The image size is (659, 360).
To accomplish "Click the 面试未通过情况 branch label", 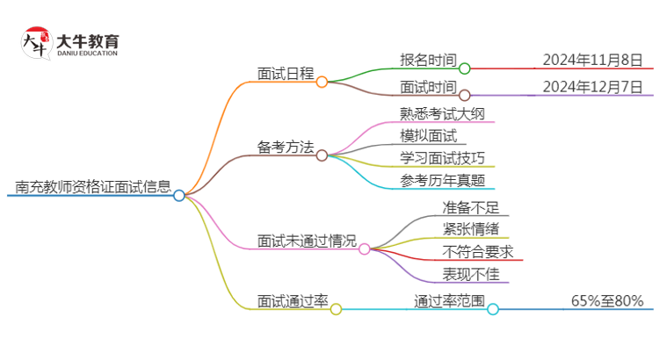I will click(307, 240).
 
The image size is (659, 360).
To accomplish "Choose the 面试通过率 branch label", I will click(293, 301).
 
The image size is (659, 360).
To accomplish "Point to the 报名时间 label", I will click(428, 60).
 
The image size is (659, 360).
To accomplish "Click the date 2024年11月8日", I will click(592, 60).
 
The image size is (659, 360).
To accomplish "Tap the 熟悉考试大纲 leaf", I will click(441, 113).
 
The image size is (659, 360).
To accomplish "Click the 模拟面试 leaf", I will click(428, 135).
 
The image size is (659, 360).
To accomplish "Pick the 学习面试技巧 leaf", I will click(441, 158).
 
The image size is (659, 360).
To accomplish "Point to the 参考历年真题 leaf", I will click(441, 181).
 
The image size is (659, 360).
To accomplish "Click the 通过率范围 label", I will click(449, 301).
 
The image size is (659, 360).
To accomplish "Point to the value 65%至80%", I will click(606, 301).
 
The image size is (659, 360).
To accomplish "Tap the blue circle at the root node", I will click(179, 195).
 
